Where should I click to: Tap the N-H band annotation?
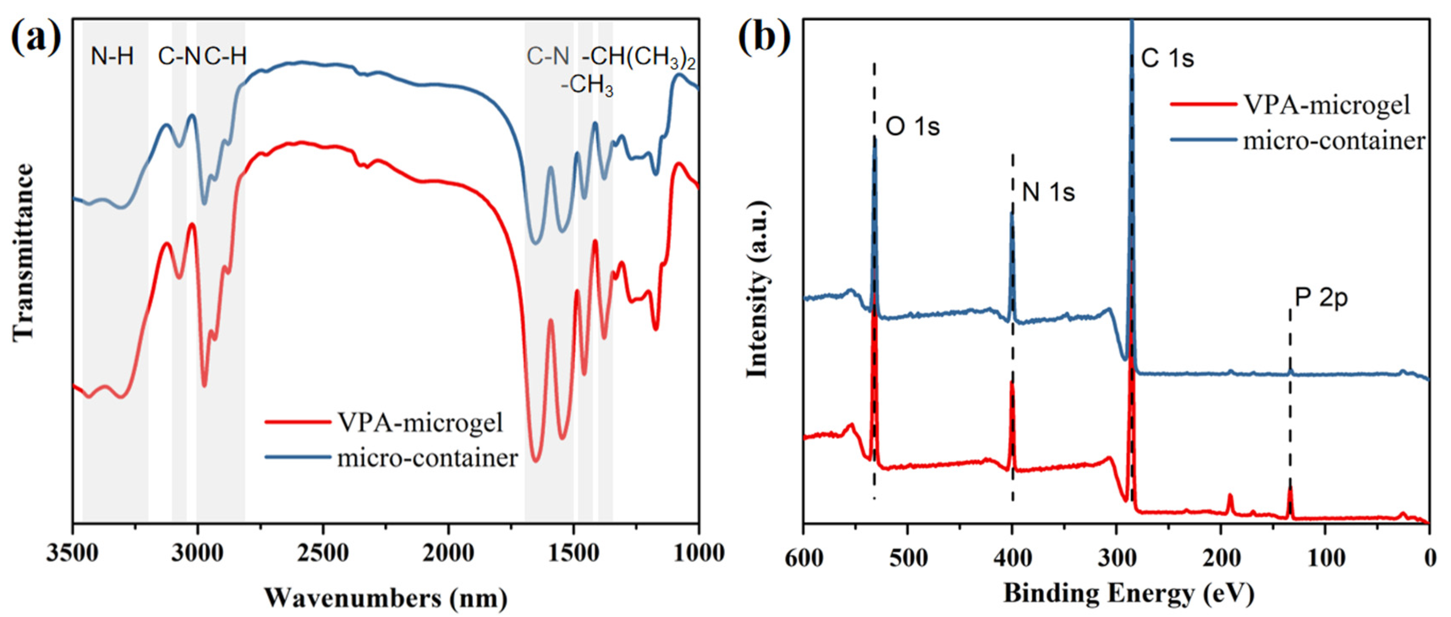point(112,56)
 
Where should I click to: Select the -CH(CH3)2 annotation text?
point(638,58)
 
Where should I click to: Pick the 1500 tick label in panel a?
point(573,554)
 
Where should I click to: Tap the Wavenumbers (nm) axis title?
point(385,597)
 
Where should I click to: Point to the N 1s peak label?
point(1048,192)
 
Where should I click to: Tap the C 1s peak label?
point(1167,58)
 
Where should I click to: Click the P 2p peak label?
point(1321,297)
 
